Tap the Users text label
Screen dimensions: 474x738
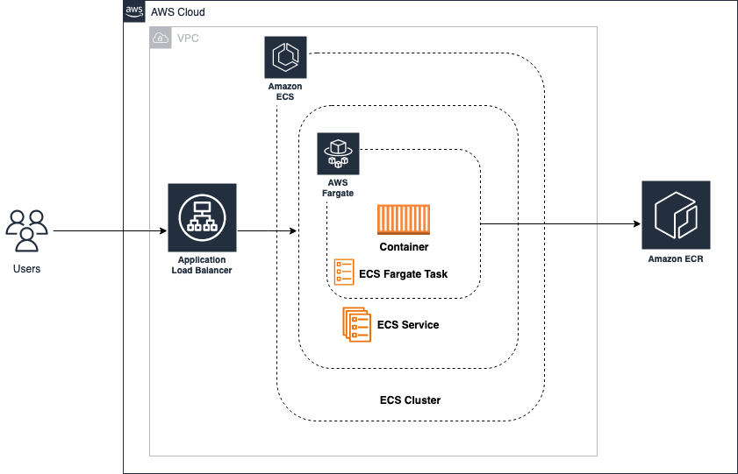(26, 269)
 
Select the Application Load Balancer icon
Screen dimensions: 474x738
(202, 217)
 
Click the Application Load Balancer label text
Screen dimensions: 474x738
(202, 265)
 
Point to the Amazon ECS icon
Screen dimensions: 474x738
(285, 58)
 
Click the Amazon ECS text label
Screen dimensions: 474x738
(285, 92)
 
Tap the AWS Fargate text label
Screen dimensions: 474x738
(338, 187)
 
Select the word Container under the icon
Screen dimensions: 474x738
(404, 247)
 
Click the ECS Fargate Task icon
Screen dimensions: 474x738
(344, 272)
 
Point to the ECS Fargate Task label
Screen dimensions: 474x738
(403, 274)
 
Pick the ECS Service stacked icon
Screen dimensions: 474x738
(355, 324)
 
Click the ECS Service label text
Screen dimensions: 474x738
(408, 325)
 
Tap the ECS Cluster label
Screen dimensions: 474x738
(410, 400)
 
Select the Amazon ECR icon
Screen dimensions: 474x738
(676, 216)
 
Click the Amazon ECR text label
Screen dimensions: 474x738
(676, 259)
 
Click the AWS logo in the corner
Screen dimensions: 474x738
(133, 11)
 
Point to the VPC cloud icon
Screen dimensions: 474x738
(161, 38)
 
